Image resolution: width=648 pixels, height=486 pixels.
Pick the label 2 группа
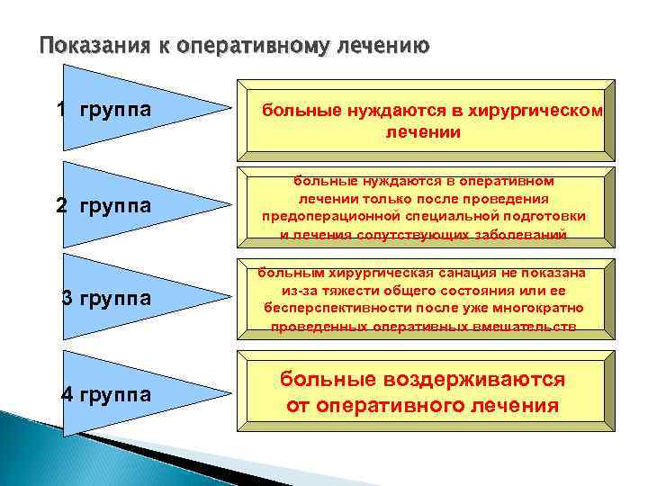point(103,206)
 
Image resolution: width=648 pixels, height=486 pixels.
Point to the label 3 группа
point(105,298)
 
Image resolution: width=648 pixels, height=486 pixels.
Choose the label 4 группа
point(105,393)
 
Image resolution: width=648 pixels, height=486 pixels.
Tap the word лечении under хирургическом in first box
point(423,132)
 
